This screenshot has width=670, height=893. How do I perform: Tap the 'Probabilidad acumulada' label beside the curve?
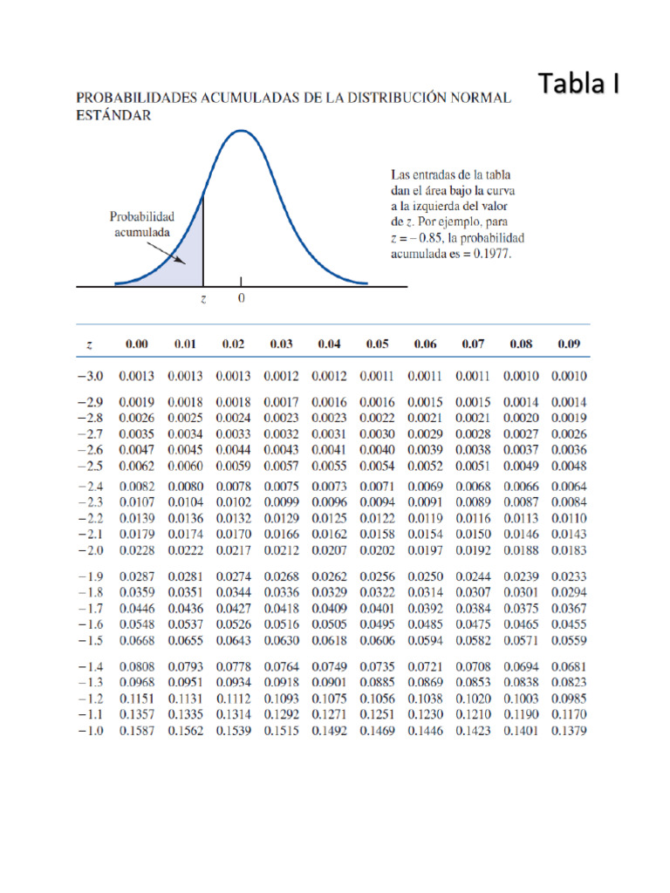click(142, 224)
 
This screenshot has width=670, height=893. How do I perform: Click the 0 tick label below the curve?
click(241, 298)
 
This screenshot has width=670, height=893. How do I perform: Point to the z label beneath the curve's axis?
click(203, 298)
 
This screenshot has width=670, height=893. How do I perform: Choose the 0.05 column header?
click(377, 344)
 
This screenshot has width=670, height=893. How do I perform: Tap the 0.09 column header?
click(569, 344)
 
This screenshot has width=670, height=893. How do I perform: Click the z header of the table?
click(90, 344)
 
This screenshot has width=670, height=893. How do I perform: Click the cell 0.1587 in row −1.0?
click(137, 731)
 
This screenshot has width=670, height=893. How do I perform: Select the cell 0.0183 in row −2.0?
click(569, 550)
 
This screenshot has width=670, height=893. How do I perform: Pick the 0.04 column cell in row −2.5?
click(329, 467)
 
